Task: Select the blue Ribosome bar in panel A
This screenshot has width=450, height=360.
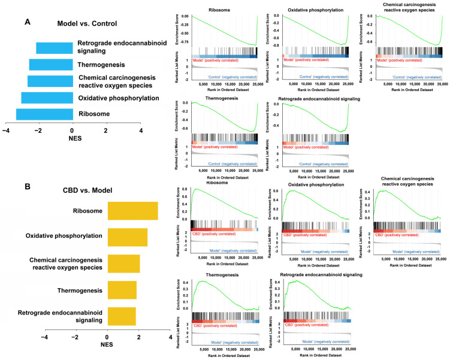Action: [x=44, y=114]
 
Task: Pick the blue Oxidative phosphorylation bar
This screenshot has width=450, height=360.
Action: [x=47, y=98]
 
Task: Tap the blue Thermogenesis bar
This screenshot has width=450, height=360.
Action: [x=51, y=65]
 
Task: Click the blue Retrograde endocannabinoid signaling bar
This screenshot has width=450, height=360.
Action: [x=54, y=48]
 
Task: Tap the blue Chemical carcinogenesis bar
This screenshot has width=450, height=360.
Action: [x=50, y=81]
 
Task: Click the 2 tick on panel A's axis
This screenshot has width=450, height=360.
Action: [x=106, y=129]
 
